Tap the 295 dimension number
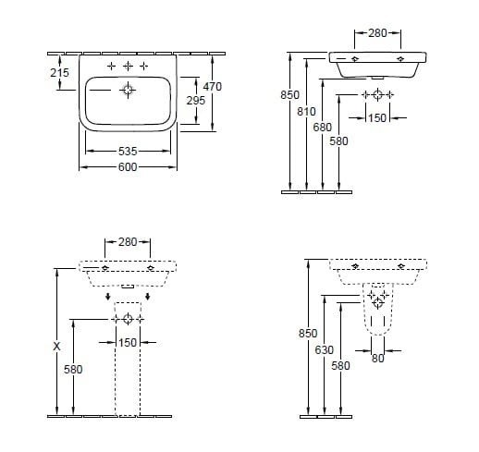click(x=195, y=99)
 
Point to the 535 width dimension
click(x=129, y=151)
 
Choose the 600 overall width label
click(x=129, y=166)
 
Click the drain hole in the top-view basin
click(x=129, y=90)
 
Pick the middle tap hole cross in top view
click(x=129, y=67)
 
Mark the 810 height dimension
click(x=307, y=111)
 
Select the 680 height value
click(x=323, y=127)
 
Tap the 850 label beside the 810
click(x=289, y=94)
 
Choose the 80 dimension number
click(x=377, y=359)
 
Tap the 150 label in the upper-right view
click(x=377, y=117)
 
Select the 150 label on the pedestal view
click(x=128, y=343)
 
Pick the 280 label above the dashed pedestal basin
click(x=128, y=242)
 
